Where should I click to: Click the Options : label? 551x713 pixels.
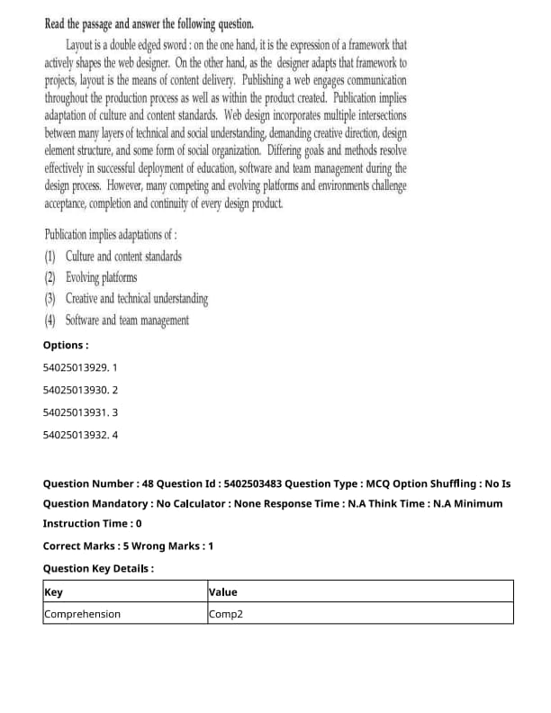[x=66, y=346]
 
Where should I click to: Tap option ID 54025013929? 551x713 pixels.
[x=76, y=368]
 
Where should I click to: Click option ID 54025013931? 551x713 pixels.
[x=76, y=412]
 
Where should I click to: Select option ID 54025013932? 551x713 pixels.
[x=76, y=435]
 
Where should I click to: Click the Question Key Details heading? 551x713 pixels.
[x=98, y=569]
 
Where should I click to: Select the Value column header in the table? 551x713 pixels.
[x=222, y=592]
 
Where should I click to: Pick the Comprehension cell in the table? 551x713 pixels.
[x=82, y=614]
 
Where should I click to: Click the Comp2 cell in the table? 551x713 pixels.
[x=226, y=614]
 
